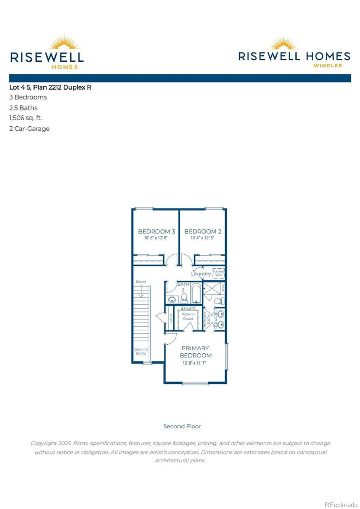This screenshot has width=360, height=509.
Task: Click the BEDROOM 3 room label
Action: tap(156, 231)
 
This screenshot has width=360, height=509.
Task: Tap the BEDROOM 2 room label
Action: tap(203, 231)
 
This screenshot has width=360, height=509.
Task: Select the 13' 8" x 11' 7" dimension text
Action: tap(194, 363)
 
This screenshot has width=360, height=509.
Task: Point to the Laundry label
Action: tap(201, 273)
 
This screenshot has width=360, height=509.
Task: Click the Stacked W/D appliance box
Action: tap(218, 273)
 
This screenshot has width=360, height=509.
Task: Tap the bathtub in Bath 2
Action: tap(196, 293)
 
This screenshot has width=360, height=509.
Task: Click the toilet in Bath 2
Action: tap(184, 297)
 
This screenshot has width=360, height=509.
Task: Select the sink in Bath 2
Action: tap(172, 299)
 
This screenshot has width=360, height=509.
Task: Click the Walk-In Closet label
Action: tap(188, 316)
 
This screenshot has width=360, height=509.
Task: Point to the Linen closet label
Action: tap(171, 318)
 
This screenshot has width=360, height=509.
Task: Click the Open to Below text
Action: tap(141, 351)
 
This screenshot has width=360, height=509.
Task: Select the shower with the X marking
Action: tap(212, 288)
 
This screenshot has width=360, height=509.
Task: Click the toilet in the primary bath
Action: tap(218, 301)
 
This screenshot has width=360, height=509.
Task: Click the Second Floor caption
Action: tap(182, 426)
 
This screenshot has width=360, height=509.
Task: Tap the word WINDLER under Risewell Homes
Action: tap(328, 66)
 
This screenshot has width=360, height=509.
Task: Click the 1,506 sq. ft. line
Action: tap(26, 118)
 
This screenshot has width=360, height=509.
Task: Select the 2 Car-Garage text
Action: tap(30, 129)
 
